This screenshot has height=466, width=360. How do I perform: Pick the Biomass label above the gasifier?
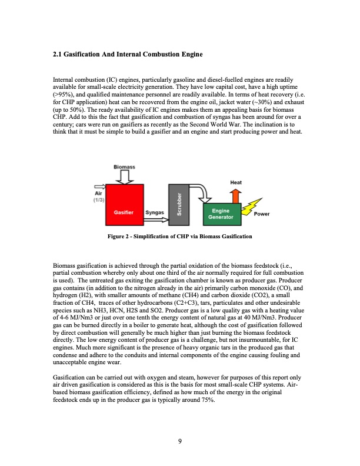(x=124, y=167)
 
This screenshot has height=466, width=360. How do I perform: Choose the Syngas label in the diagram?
(x=155, y=211)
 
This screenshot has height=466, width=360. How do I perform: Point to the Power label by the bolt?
(x=262, y=214)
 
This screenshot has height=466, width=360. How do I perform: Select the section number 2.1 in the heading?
(x=58, y=55)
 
